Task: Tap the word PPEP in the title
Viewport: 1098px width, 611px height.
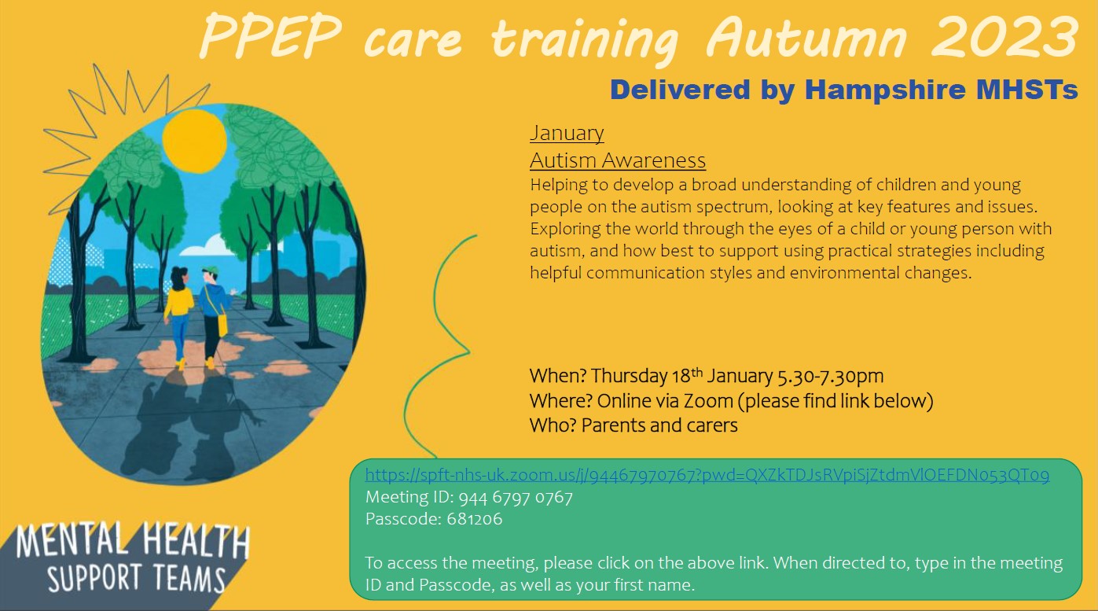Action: click(270, 37)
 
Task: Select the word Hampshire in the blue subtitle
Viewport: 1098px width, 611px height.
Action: click(885, 90)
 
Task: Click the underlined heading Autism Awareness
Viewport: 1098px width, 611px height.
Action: click(618, 160)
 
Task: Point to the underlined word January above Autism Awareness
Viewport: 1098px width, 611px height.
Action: click(567, 133)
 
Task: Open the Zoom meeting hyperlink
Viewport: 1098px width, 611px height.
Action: click(707, 475)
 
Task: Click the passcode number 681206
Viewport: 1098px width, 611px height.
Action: click(475, 519)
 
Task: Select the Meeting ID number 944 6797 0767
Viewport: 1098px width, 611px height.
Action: click(516, 497)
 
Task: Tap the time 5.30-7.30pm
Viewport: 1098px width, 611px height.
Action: click(830, 377)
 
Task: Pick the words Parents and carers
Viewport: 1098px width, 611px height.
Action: click(659, 425)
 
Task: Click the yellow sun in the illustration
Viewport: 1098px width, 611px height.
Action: click(195, 141)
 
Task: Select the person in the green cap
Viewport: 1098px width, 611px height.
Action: click(214, 317)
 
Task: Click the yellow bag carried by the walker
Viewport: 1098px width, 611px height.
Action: click(222, 326)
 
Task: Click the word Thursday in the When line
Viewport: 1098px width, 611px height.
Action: click(629, 377)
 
